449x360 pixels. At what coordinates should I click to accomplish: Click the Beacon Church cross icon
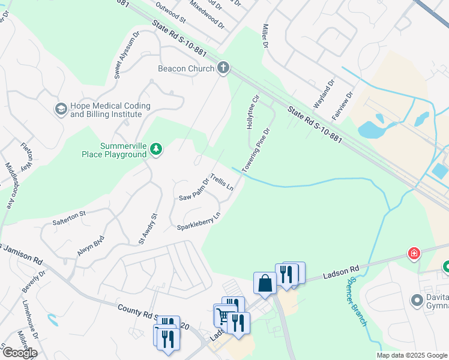coord(223,68)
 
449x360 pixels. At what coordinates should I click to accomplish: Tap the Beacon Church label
coord(186,68)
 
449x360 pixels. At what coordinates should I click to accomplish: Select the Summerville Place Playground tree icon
coord(156,148)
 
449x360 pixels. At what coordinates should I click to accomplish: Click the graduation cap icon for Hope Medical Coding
coord(61,109)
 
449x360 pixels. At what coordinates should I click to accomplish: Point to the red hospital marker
coord(414,253)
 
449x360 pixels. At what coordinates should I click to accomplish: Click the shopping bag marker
coord(264,283)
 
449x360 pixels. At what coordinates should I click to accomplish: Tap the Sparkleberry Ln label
coord(199,221)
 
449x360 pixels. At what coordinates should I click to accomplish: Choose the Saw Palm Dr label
coord(193,190)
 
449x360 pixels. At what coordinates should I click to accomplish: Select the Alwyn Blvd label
coord(91,245)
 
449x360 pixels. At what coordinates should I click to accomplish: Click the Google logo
coord(20,353)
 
